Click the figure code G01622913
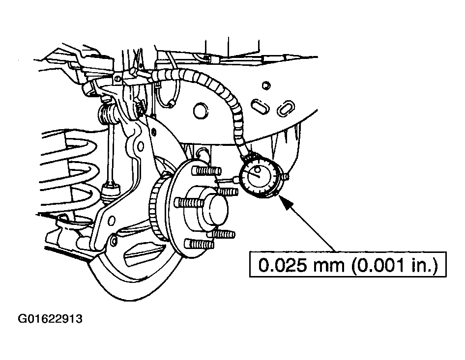[50, 319]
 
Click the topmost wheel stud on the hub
[206, 170]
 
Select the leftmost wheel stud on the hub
[189, 202]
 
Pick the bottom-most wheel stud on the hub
[199, 244]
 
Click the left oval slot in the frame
[261, 106]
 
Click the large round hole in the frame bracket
[201, 111]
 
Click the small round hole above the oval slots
[266, 85]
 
